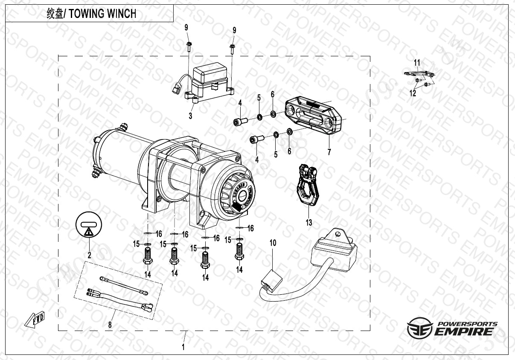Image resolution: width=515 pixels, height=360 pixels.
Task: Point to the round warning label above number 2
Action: [x=89, y=226]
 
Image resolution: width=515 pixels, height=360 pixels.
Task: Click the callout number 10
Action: [x=273, y=243]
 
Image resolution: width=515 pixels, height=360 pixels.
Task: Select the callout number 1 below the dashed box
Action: [x=183, y=347]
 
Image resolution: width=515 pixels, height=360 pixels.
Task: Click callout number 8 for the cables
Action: [x=110, y=325]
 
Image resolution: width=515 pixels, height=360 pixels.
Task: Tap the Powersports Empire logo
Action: [x=452, y=328]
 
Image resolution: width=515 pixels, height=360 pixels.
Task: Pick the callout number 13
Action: [x=308, y=223]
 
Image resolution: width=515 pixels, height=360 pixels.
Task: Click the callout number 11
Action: [x=417, y=63]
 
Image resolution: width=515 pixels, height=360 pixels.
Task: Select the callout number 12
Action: [x=413, y=93]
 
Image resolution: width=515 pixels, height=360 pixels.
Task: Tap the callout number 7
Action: [x=329, y=152]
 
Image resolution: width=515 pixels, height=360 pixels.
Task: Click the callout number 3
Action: [x=190, y=116]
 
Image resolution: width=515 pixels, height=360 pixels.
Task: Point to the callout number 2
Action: [x=90, y=255]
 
